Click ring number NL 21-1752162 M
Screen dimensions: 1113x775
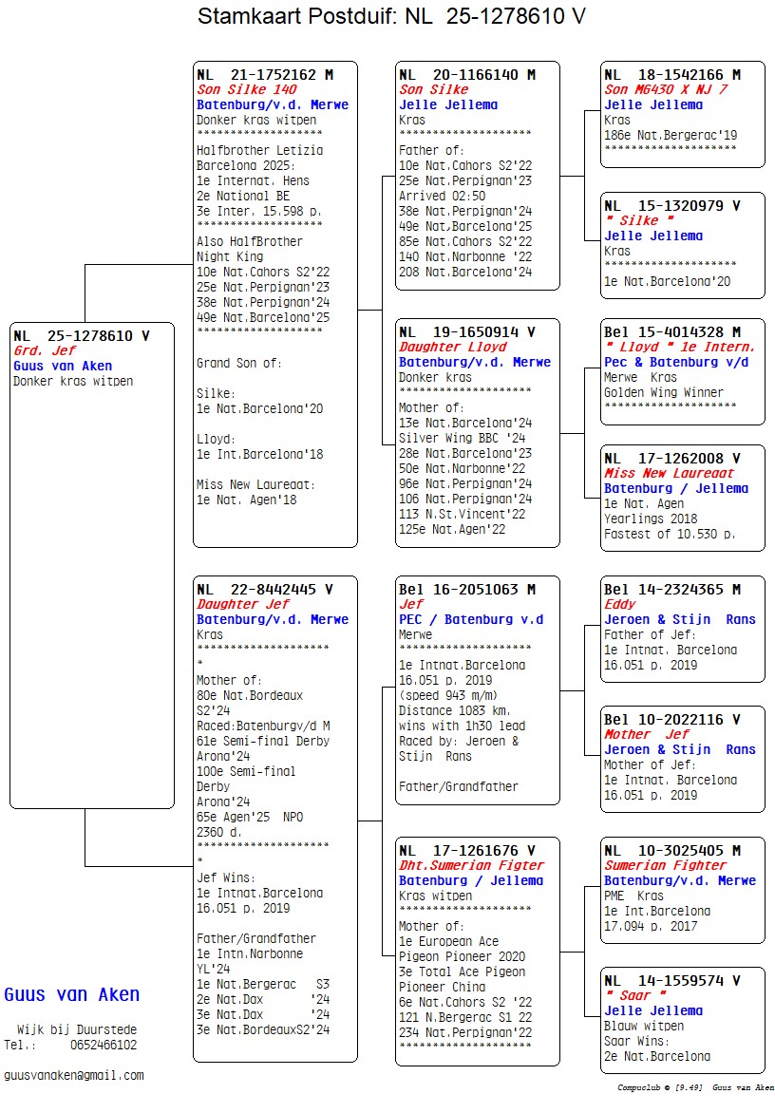[265, 75]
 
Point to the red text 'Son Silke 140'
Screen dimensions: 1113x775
[246, 90]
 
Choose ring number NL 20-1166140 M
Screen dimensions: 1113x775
[467, 75]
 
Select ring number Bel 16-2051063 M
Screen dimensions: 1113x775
[471, 590]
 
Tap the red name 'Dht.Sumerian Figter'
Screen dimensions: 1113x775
[471, 865]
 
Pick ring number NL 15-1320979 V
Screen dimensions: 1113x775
[672, 205]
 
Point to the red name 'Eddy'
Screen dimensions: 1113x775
[620, 605]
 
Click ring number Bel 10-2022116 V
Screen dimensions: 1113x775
[672, 720]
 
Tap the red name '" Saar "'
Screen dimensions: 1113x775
[634, 995]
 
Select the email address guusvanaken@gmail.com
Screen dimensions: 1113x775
[74, 1075]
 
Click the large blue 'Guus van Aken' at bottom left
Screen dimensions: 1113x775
[72, 995]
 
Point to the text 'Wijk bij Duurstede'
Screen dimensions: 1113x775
[76, 1029]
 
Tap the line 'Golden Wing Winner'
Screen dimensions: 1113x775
[663, 392]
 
